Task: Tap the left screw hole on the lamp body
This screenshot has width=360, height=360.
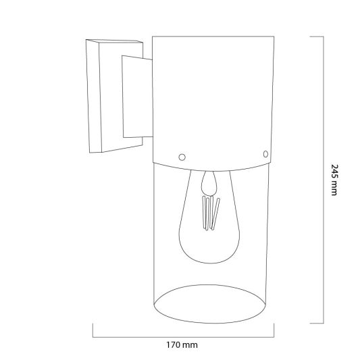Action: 180,156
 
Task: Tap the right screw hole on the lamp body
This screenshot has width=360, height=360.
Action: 263,153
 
